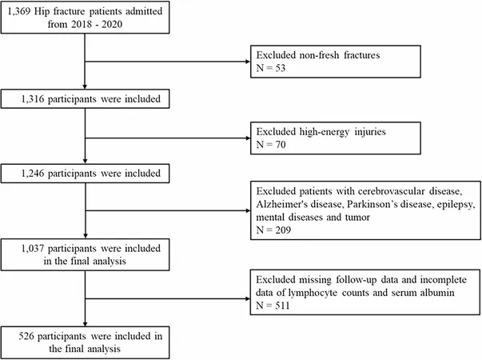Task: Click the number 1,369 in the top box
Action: [19, 12]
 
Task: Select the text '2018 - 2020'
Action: [97, 24]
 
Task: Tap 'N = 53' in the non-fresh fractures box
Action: [271, 68]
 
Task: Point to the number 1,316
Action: [33, 99]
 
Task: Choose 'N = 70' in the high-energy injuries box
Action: [271, 144]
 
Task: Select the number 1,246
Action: [33, 174]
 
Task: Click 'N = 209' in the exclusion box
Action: [273, 230]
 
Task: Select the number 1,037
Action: [33, 248]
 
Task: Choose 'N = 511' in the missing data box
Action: [273, 306]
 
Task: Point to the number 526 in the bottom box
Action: [26, 336]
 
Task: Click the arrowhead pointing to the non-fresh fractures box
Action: [248, 62]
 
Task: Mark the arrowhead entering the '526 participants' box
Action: [86, 324]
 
